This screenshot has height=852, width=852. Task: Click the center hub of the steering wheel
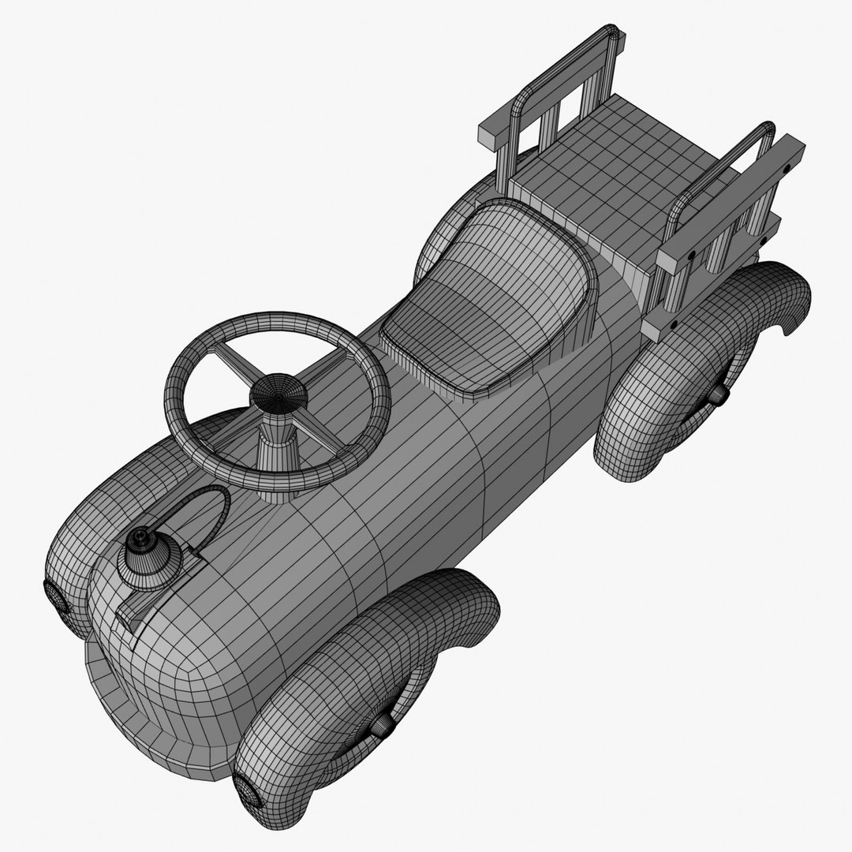coord(278,392)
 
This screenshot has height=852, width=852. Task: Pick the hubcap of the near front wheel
coord(383,724)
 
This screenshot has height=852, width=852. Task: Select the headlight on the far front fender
coord(56,597)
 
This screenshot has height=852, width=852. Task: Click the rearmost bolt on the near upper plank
coord(787,166)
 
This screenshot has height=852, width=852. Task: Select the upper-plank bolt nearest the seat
coord(691,255)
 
